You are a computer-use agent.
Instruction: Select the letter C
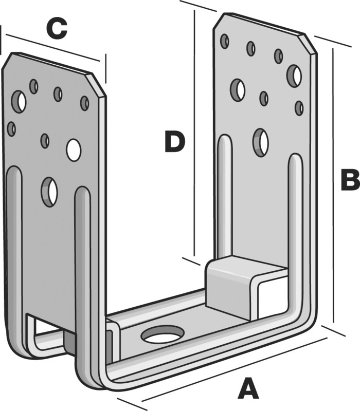coord(57,29)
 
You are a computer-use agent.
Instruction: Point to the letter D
coord(174,142)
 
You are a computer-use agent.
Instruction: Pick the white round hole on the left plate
coord(74,148)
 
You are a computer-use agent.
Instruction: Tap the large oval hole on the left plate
coord(49,192)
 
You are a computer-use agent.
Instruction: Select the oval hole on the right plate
coord(261,142)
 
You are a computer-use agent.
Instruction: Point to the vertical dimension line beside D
coord(194,134)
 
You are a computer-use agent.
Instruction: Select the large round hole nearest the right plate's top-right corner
coord(294,76)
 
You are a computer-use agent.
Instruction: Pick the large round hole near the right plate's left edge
coord(238,89)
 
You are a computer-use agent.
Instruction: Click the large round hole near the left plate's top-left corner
coord(20,102)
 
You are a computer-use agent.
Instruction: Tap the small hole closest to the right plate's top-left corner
coord(225,41)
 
